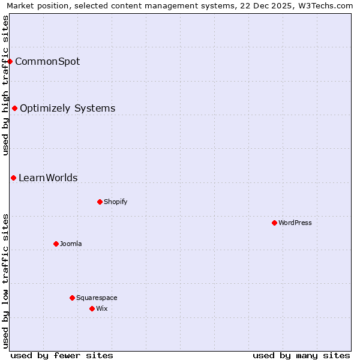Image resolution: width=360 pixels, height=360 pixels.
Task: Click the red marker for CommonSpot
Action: coord(10,61)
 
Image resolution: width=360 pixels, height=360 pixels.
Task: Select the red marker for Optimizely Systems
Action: coord(15,109)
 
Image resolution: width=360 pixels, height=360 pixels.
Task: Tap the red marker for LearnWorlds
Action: coord(13,178)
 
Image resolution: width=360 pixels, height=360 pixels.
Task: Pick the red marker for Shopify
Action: coord(100,202)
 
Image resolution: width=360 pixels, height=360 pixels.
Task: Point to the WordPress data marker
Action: coord(274,223)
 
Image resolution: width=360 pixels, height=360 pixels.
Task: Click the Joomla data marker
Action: coord(56,244)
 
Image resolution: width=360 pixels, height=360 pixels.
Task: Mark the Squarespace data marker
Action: coord(72,298)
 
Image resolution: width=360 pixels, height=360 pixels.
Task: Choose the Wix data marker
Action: coord(92,308)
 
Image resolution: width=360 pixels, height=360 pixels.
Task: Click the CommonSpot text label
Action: coord(47,61)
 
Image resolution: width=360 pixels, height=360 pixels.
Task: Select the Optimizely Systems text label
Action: coord(67,109)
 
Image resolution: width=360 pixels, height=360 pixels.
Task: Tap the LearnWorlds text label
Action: coord(48,178)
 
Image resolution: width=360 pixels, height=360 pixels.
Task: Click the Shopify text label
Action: coord(116,202)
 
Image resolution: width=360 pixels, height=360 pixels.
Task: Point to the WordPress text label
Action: coord(295,223)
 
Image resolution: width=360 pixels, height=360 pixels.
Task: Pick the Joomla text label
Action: coord(71,244)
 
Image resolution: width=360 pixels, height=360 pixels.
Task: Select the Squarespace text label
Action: coord(97,298)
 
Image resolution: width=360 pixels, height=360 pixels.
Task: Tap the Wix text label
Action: coord(102,308)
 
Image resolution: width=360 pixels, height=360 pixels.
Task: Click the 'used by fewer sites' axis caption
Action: coord(62,355)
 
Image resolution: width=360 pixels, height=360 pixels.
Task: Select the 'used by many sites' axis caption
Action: coord(301,355)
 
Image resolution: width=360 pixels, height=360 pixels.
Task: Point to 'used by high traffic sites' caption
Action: coord(6,85)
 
